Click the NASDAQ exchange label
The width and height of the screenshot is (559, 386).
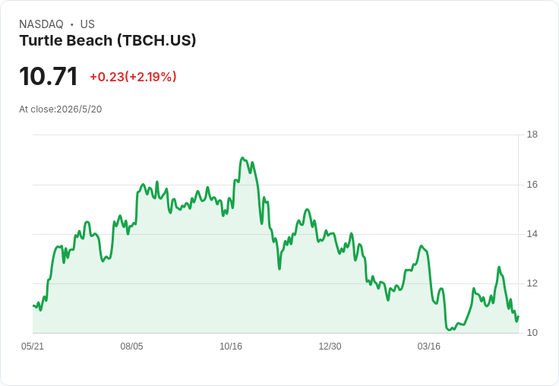[x=41, y=24]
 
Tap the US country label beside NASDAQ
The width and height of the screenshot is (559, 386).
[x=87, y=24]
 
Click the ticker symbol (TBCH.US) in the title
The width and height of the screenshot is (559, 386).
[x=156, y=40]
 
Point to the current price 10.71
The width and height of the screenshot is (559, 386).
[x=49, y=76]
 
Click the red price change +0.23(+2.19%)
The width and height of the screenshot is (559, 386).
[x=133, y=77]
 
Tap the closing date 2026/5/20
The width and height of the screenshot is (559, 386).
[x=79, y=109]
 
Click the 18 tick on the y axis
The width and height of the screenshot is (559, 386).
[x=532, y=134]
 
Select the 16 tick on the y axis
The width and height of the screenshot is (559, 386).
[x=532, y=185]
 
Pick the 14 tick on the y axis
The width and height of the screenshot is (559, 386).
[x=532, y=234]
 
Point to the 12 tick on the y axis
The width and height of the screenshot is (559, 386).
[x=532, y=283]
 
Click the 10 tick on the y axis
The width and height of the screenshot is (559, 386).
[x=532, y=333]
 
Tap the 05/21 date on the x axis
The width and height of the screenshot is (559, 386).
[x=33, y=346]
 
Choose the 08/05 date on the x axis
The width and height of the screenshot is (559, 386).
[x=131, y=346]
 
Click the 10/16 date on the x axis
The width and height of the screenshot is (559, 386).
[x=231, y=346]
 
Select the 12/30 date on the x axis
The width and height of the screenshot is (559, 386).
[x=330, y=346]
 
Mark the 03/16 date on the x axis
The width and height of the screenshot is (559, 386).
[x=429, y=346]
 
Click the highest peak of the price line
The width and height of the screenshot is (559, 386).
[x=242, y=158]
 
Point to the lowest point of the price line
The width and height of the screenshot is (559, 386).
[x=450, y=330]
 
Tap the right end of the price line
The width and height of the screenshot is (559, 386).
[x=518, y=316]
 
